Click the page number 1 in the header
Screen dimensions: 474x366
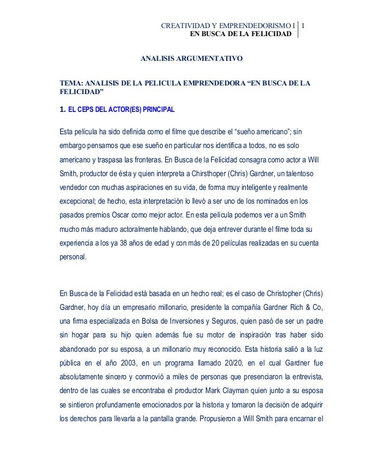[303, 25]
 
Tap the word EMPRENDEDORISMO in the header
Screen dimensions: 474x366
[254, 25]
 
